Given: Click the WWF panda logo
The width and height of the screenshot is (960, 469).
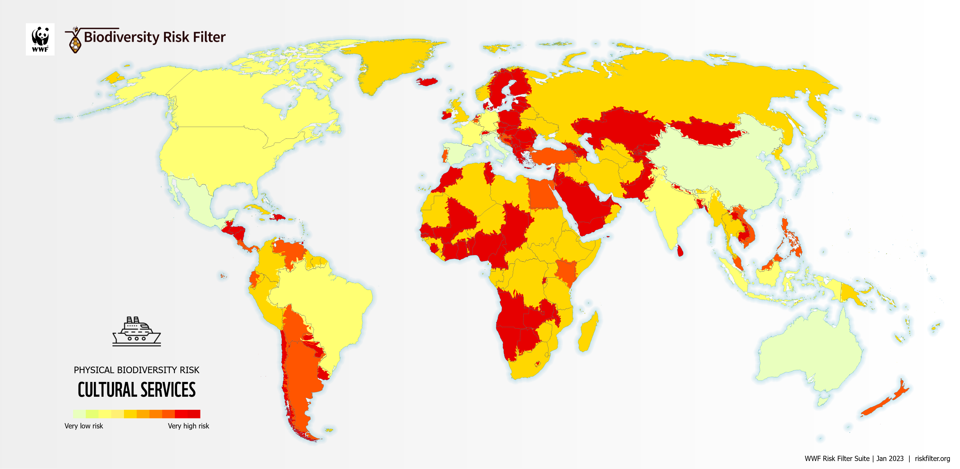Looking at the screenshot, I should tap(40, 39).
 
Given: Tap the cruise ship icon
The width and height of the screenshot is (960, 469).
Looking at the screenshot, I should tap(136, 332).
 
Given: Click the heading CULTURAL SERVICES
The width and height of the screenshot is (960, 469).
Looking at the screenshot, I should tap(136, 390).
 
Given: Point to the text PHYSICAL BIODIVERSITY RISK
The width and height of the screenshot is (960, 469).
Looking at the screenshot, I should tap(136, 370).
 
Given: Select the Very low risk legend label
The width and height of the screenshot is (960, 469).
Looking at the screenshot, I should tap(83, 426).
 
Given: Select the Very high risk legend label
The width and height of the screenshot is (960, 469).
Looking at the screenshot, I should tap(188, 426).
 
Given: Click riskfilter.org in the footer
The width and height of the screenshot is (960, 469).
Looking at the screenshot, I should tap(932, 459).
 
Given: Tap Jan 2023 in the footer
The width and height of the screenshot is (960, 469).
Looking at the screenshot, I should tap(890, 459).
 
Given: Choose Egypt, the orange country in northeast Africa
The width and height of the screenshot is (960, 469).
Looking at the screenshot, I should tap(542, 194).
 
